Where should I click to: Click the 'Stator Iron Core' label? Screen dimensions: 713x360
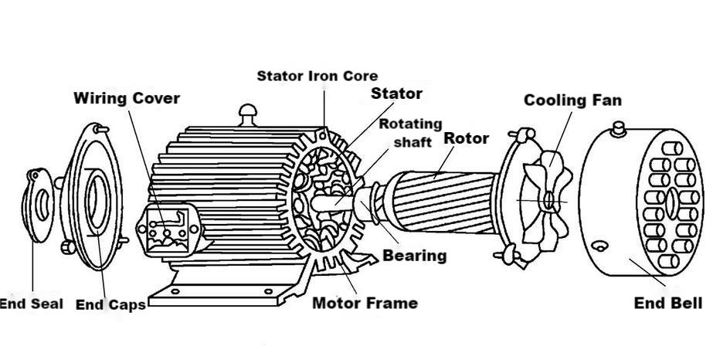[317, 76]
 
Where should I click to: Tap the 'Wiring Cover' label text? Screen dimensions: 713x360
[127, 98]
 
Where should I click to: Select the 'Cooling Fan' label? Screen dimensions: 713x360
[572, 100]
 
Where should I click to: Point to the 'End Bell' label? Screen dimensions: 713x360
[668, 303]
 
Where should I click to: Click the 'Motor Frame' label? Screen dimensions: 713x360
[365, 303]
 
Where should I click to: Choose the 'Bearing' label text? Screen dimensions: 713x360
[414, 256]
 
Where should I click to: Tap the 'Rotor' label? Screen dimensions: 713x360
[466, 138]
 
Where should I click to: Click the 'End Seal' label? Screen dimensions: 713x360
[31, 304]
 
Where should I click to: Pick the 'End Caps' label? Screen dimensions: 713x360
[110, 304]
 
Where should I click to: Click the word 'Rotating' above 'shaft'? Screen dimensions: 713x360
[411, 124]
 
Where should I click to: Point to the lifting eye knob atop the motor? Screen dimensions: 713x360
[248, 114]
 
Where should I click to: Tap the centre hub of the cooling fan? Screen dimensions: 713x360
[548, 200]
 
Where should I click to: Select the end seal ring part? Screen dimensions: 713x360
[38, 205]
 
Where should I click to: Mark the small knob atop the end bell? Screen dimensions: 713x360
[619, 129]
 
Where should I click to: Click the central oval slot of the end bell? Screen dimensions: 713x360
[671, 204]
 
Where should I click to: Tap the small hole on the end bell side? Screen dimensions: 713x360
[599, 246]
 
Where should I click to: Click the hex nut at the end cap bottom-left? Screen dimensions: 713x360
[68, 247]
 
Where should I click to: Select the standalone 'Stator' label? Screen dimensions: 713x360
[396, 93]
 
